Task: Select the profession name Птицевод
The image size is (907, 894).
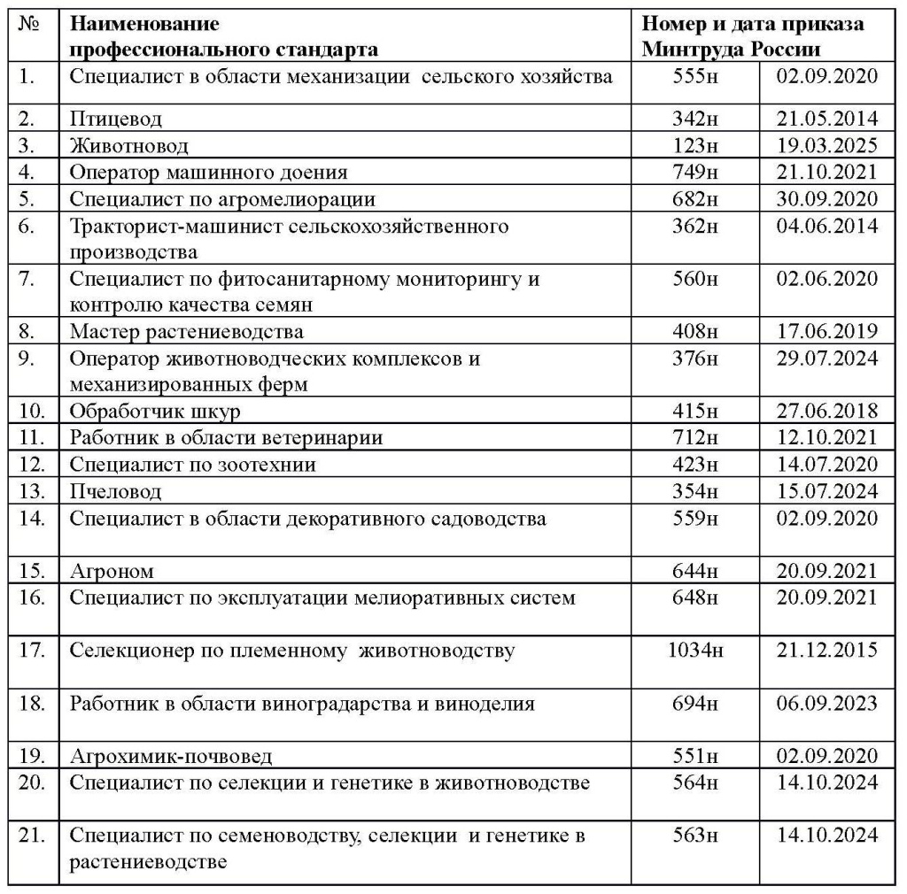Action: [116, 119]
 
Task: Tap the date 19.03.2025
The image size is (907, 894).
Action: [826, 145]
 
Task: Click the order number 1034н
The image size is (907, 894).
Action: [695, 651]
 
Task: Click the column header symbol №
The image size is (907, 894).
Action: [30, 25]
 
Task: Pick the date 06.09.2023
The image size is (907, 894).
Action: [826, 704]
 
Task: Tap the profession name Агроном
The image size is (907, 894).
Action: [112, 571]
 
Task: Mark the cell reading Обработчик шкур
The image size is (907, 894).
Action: [155, 412]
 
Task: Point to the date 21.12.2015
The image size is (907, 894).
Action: [826, 651]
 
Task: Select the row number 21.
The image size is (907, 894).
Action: [33, 836]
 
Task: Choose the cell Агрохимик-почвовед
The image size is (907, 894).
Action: [171, 757]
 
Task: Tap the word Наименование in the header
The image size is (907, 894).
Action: [144, 25]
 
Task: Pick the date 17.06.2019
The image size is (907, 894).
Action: [826, 332]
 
